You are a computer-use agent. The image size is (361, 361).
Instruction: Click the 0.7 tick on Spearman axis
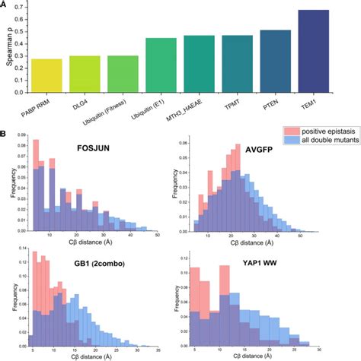[18, 8]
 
